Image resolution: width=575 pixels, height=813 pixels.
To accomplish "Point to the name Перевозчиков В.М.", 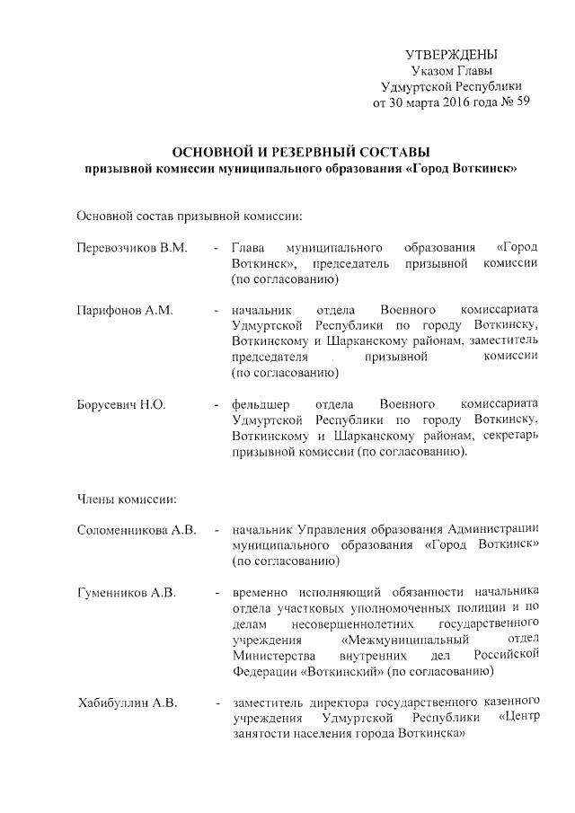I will pyautogui.click(x=131, y=247).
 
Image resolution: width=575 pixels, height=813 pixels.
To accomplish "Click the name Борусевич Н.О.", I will pyautogui.click(x=121, y=404).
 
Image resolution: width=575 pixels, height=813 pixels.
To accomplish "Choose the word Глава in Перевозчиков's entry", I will pyautogui.click(x=247, y=247).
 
